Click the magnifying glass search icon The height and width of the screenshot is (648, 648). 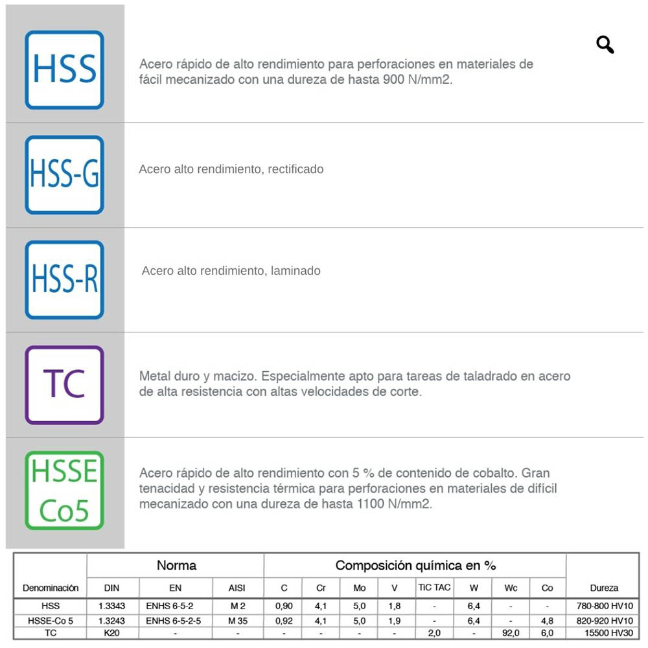click(x=605, y=45)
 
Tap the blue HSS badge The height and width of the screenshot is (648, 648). click(x=64, y=70)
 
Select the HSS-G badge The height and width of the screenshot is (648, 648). click(x=64, y=175)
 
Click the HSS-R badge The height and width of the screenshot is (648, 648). click(x=64, y=280)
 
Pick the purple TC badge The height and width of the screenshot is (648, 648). click(x=64, y=385)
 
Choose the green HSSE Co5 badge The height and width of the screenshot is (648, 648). click(x=64, y=490)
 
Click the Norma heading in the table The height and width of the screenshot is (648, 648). click(x=176, y=565)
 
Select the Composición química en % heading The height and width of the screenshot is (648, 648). click(x=415, y=565)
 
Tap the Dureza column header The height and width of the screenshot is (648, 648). click(x=604, y=588)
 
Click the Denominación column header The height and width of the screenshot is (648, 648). click(x=51, y=588)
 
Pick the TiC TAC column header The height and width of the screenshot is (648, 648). click(x=434, y=587)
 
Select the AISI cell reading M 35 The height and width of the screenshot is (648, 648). click(x=238, y=620)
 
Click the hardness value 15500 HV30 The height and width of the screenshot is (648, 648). click(x=604, y=633)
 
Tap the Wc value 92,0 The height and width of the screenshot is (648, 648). click(x=511, y=633)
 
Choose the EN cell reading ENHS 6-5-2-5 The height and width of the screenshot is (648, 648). click(x=174, y=620)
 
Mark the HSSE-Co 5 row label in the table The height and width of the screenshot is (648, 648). click(x=51, y=620)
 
